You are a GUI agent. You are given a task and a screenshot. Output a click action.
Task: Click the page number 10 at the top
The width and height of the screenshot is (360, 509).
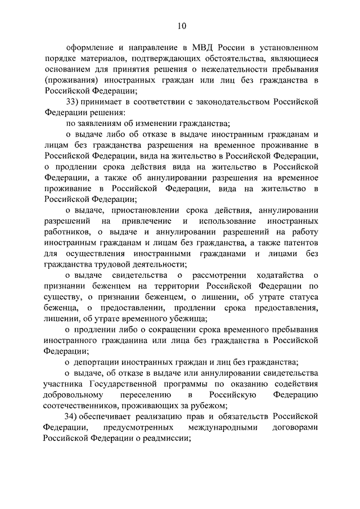(180, 25)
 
